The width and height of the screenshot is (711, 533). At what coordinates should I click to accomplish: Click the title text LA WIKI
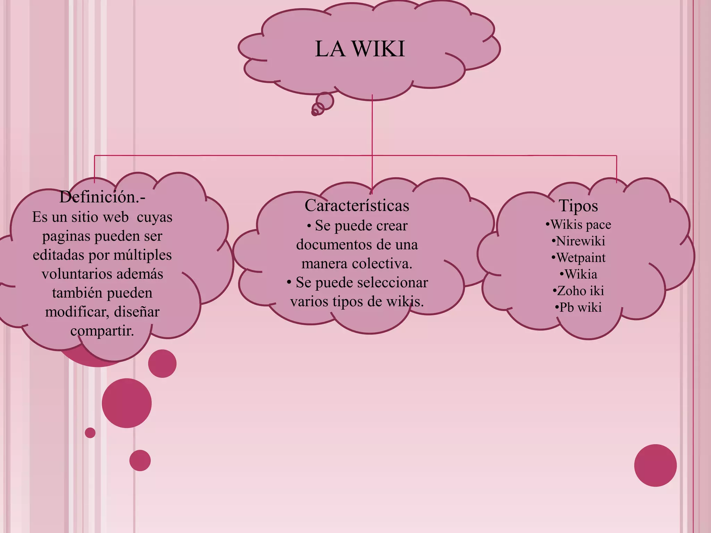(360, 49)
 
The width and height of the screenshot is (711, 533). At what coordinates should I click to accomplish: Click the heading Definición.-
(102, 197)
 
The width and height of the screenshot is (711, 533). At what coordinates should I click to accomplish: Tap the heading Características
(357, 205)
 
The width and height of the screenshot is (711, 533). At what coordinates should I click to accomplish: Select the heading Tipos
(578, 206)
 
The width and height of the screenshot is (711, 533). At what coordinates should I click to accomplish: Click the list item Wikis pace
(578, 225)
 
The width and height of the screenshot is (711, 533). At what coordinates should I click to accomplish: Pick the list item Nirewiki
(578, 241)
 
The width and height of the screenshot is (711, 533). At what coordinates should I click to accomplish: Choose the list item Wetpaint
(578, 258)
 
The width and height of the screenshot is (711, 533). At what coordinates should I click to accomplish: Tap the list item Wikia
(578, 274)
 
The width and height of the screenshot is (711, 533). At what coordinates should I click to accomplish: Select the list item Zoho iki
(578, 291)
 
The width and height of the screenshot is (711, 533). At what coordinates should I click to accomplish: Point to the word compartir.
(102, 331)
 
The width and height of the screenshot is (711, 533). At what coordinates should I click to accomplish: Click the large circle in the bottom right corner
(655, 465)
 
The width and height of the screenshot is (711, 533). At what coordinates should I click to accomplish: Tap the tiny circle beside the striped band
(90, 433)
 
